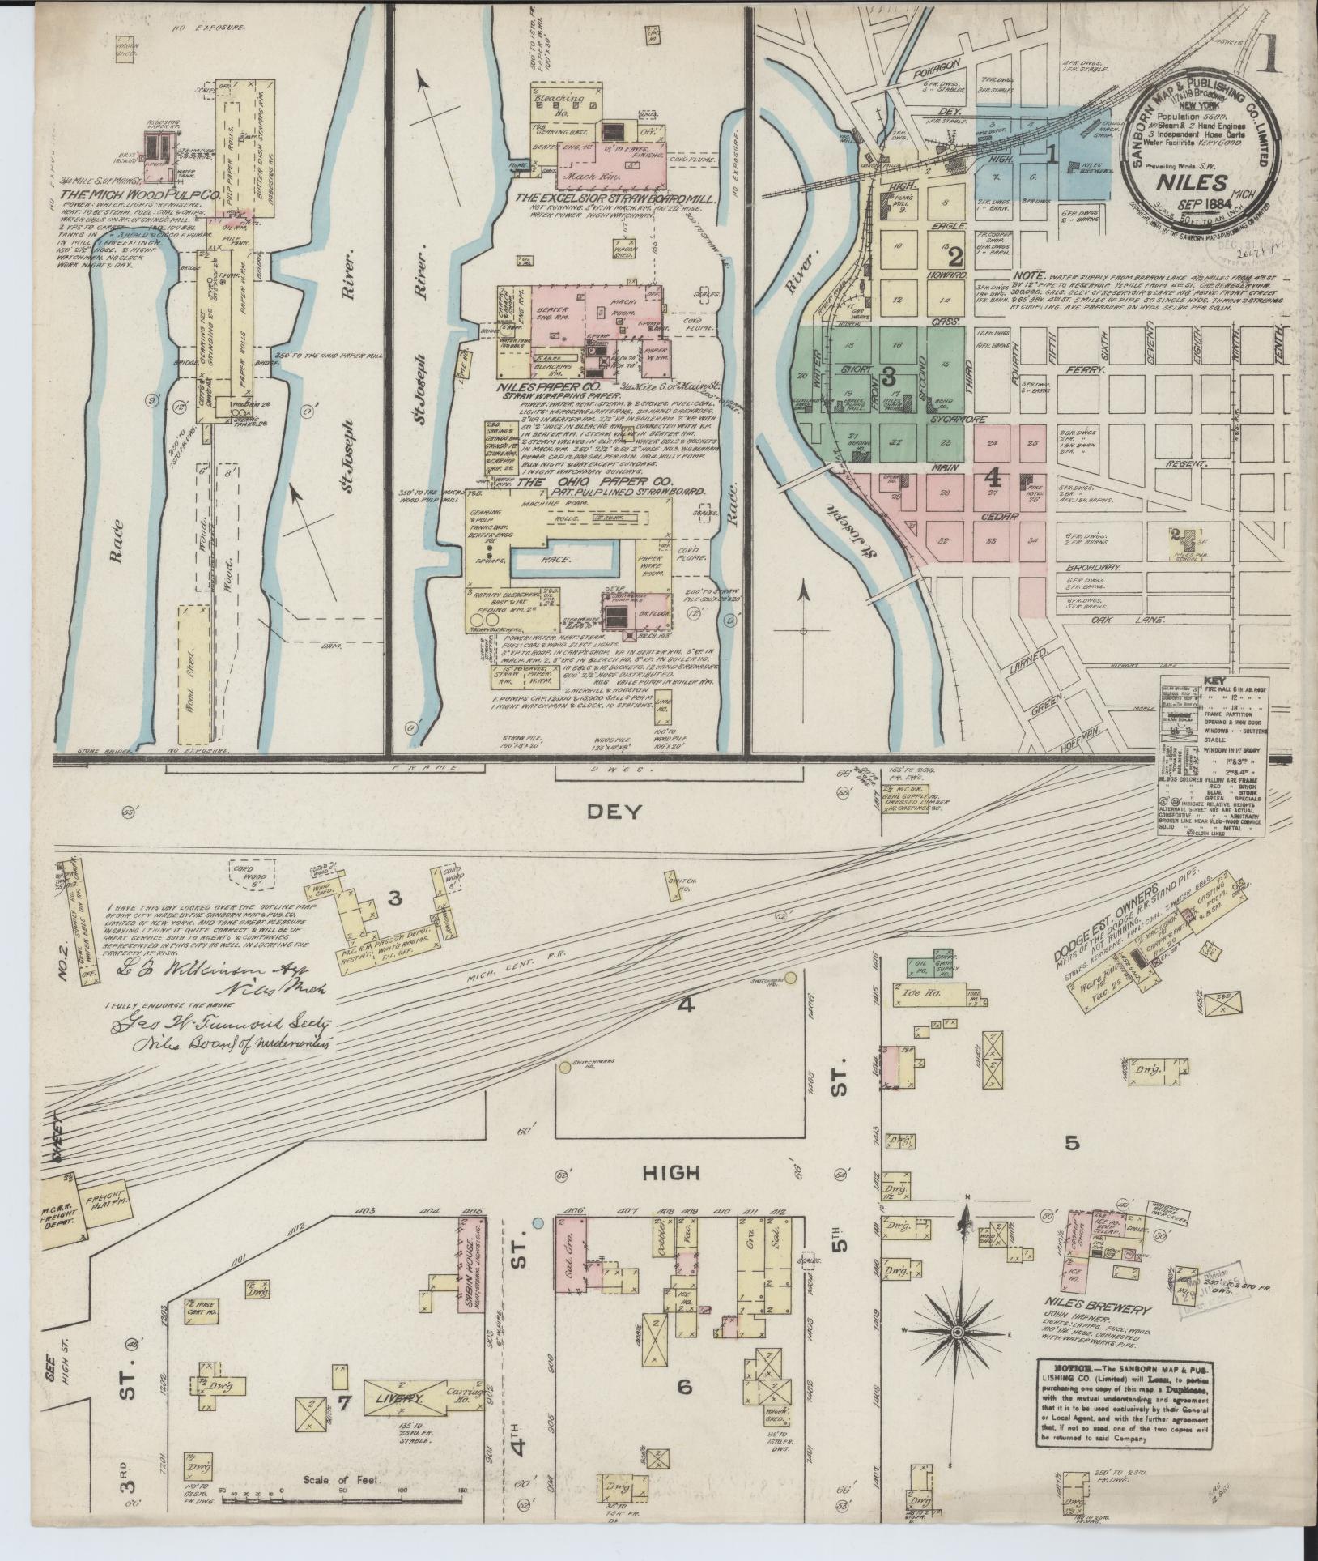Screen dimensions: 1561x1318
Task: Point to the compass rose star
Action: pyautogui.click(x=958, y=1332)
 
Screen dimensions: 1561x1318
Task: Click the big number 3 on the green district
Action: pyautogui.click(x=888, y=376)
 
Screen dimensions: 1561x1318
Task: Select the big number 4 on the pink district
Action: pyautogui.click(x=993, y=476)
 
